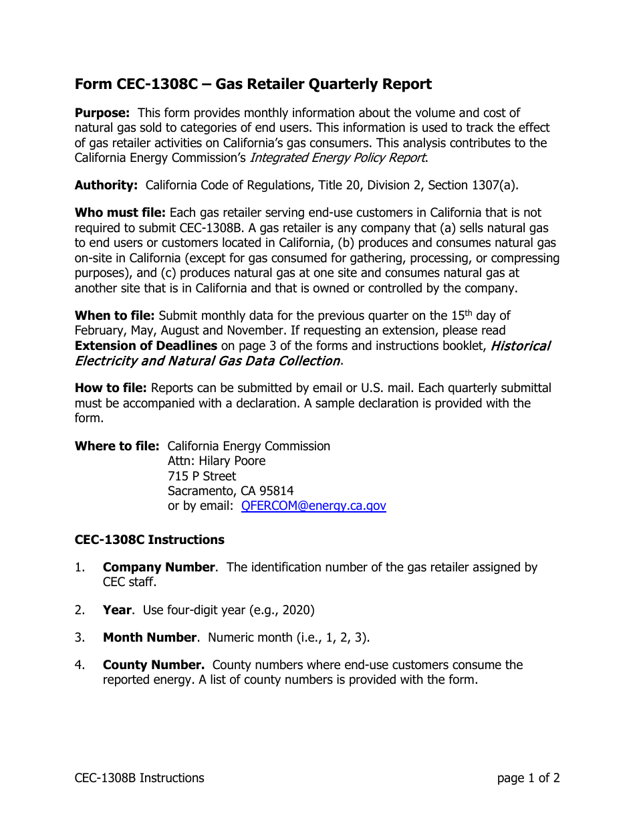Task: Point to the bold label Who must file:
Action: pos(120,213)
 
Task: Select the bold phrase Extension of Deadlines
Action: pos(146,346)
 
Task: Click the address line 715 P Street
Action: pos(202,476)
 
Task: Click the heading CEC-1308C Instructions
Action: pos(149,539)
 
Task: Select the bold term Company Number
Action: pos(158,567)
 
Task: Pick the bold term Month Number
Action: pos(150,638)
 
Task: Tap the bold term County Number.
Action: pos(153,665)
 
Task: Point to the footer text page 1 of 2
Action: pos(528,778)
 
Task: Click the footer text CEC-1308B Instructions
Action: pos(139,778)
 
